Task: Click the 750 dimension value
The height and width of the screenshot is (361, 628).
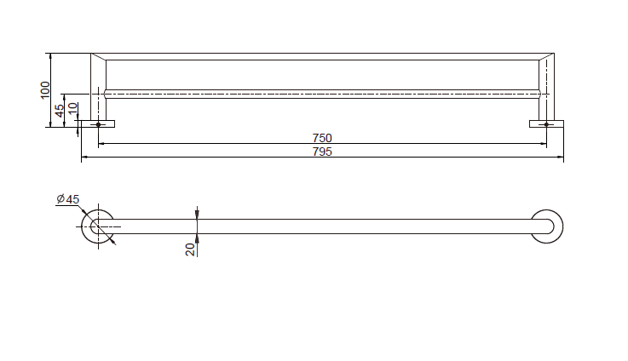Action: [322, 138]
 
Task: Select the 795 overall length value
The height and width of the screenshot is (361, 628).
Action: [322, 152]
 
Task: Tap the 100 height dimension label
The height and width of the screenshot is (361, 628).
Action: [45, 90]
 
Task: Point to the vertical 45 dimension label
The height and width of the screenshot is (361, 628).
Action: [60, 111]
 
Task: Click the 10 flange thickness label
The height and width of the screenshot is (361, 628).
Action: [72, 108]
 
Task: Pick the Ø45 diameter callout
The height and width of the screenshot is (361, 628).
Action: [68, 199]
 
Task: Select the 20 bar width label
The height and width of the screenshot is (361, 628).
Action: [190, 249]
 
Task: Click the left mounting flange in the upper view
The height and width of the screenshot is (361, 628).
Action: [98, 124]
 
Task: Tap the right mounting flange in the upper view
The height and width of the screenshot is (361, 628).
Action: [546, 124]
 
